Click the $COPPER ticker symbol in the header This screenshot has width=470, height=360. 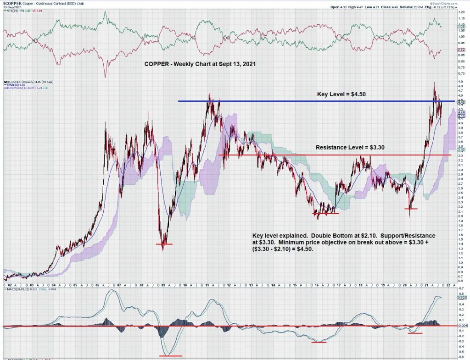coord(11,3)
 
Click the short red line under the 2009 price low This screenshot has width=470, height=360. coord(164,244)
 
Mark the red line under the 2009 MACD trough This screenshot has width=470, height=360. coord(170,355)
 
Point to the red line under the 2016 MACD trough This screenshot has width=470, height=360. coord(319,342)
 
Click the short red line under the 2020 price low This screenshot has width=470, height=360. coord(410,209)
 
